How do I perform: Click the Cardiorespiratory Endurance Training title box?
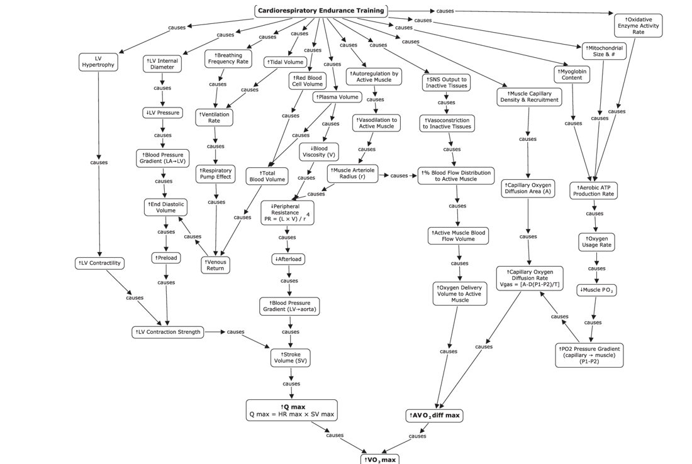coord(321,11)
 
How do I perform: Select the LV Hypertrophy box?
coord(98,62)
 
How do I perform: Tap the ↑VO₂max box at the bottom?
coord(379,459)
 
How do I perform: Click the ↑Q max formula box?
coord(291,411)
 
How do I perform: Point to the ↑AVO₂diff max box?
coord(435,416)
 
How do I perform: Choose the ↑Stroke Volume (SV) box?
coord(291,358)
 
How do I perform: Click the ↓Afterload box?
coord(288,259)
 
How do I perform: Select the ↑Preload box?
coord(166,258)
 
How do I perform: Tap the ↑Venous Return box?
coord(215,265)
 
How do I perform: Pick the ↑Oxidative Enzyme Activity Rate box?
coord(638,26)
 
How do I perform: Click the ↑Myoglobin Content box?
coord(572,74)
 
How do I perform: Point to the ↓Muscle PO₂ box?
coord(596,290)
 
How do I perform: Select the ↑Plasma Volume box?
coord(337,97)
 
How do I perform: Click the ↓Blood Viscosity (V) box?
coord(319,152)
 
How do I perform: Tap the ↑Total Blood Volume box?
coord(267,176)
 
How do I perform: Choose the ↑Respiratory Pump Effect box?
coord(215,174)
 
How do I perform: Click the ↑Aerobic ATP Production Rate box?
coord(593,191)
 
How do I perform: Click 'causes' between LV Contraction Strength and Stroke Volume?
coord(235,332)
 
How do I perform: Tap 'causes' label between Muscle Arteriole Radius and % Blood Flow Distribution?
coord(399,175)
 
